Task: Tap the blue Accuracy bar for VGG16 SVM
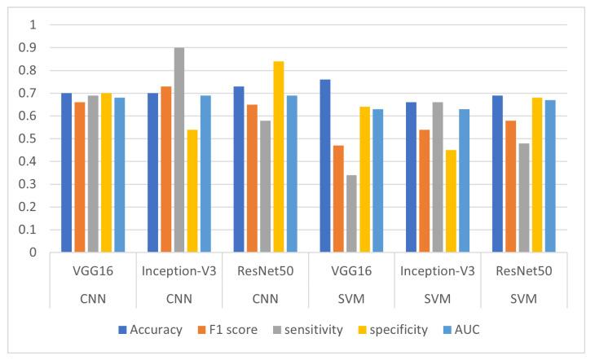pyautogui.click(x=324, y=166)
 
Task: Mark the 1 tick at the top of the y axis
pyautogui.click(x=33, y=25)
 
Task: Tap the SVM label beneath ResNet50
pyautogui.click(x=523, y=298)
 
